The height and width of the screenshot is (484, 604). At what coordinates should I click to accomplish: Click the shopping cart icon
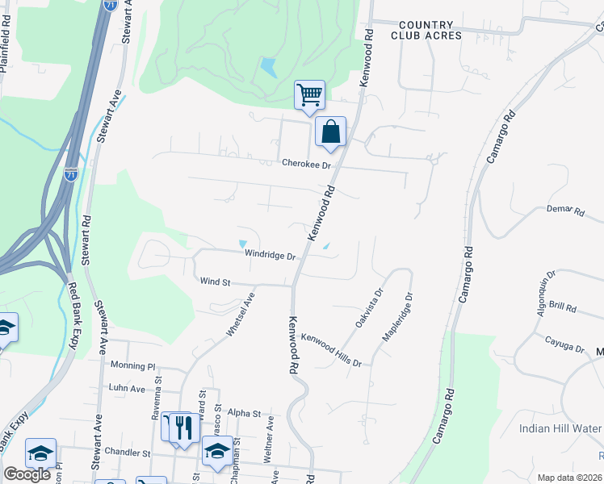tap(310, 95)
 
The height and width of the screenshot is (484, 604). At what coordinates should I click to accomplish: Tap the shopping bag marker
tap(331, 132)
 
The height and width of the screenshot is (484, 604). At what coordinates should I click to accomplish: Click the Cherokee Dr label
tap(307, 165)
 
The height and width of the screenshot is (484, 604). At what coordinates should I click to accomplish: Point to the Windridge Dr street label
tap(271, 255)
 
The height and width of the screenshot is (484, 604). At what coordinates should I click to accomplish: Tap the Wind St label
tap(216, 282)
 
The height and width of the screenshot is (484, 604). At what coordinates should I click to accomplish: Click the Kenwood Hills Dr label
tap(331, 350)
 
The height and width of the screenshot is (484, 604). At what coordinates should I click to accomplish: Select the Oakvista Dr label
tap(369, 309)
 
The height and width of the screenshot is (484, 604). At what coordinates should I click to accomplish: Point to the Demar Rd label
tap(565, 211)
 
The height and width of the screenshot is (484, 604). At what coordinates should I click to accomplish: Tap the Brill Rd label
tap(561, 308)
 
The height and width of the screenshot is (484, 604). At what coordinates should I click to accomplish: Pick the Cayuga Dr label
tap(564, 345)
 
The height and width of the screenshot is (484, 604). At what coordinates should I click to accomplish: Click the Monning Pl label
tap(132, 365)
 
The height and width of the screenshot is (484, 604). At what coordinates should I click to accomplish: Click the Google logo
tap(27, 474)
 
